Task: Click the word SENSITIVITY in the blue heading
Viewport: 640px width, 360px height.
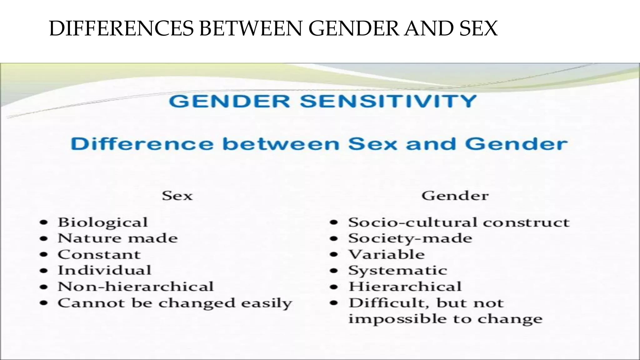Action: pos(388,101)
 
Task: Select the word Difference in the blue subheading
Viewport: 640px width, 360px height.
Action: pos(142,144)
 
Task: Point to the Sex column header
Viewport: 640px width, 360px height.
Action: pos(177,196)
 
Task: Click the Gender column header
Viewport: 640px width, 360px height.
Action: pos(455,196)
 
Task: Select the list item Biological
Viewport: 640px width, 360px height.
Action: pos(102,222)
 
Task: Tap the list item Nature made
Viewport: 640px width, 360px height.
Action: pos(117,238)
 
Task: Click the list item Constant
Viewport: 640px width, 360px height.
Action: pos(99,254)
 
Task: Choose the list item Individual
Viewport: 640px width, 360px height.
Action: pos(104,270)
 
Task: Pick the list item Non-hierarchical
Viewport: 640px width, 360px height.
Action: pos(136,287)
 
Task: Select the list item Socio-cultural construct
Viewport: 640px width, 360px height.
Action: pos(459,222)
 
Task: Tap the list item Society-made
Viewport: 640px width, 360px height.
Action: pos(410,238)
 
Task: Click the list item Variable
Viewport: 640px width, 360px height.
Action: pos(387,254)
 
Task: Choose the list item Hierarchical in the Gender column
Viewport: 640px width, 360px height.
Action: pos(405,287)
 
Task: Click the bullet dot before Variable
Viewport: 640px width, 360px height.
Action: pos(334,255)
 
